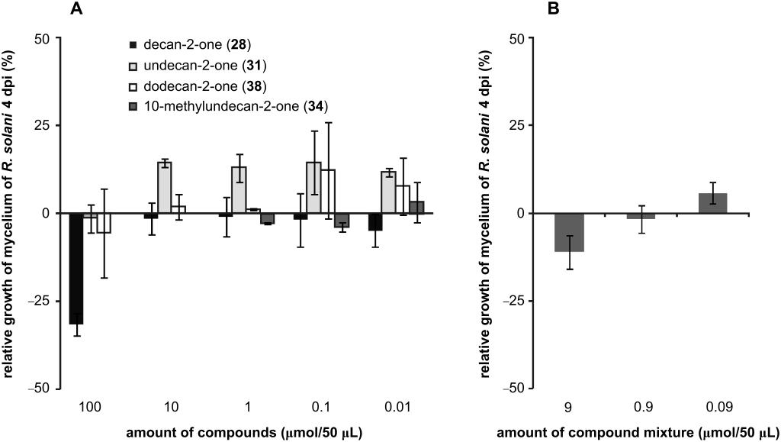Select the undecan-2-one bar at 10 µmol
(164, 188)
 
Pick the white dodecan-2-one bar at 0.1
(328, 191)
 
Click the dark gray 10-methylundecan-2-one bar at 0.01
(416, 207)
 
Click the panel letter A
(76, 9)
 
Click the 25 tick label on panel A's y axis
(40, 125)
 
